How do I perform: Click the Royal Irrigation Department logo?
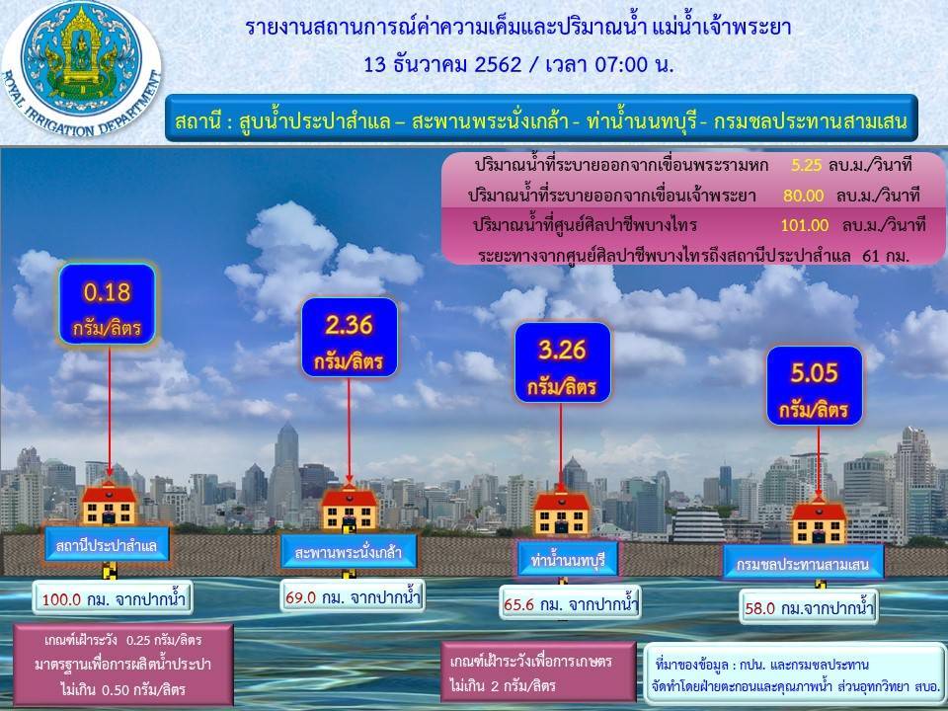click(x=82, y=68)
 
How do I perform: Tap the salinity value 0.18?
click(x=107, y=292)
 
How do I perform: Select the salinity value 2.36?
click(x=349, y=326)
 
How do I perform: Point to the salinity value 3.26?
click(x=562, y=350)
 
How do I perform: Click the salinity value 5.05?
click(x=815, y=373)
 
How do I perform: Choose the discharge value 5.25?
click(x=807, y=165)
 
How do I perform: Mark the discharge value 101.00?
click(x=805, y=225)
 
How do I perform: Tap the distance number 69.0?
click(x=300, y=597)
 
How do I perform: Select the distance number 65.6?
click(x=519, y=604)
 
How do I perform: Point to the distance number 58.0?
click(x=760, y=607)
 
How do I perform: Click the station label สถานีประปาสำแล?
click(x=106, y=546)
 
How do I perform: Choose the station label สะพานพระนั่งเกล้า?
click(x=349, y=552)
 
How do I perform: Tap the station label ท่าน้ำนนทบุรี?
click(x=568, y=560)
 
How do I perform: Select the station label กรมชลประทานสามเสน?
click(x=803, y=564)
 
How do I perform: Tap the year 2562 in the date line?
click(x=498, y=64)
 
